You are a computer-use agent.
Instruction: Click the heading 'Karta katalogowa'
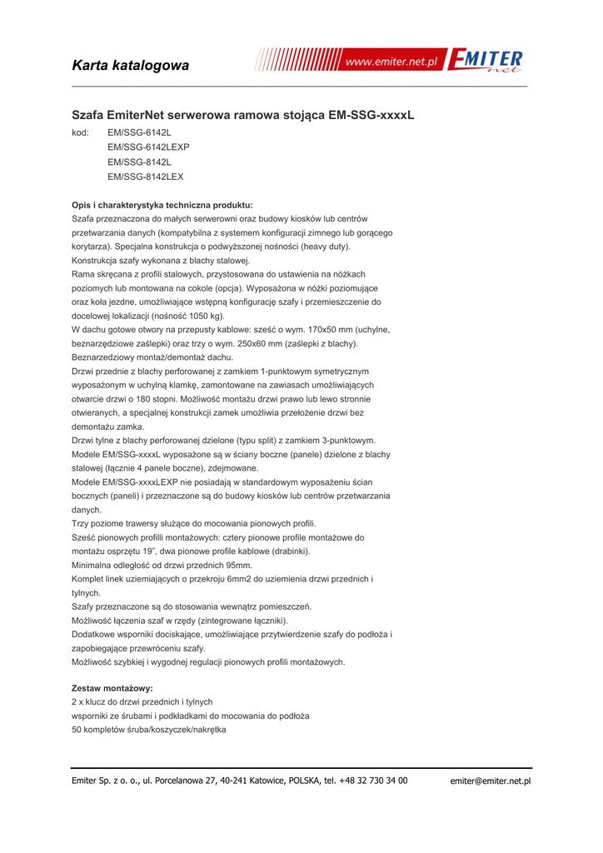click(x=131, y=65)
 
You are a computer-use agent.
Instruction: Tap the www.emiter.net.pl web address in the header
click(x=391, y=62)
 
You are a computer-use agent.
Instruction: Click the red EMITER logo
click(x=486, y=62)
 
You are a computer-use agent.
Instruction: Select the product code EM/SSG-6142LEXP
click(x=149, y=147)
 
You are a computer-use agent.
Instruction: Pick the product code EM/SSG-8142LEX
click(x=146, y=177)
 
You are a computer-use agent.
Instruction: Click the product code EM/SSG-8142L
click(x=139, y=162)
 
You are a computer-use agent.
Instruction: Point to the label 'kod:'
click(x=81, y=132)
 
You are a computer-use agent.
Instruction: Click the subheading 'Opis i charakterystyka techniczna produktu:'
click(x=162, y=205)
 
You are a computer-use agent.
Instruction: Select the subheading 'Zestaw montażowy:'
click(x=112, y=688)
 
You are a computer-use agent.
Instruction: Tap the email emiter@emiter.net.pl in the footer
click(x=490, y=781)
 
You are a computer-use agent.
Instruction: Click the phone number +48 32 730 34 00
click(x=373, y=781)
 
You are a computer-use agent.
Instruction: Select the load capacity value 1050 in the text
click(x=200, y=316)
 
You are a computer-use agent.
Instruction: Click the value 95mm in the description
click(x=234, y=566)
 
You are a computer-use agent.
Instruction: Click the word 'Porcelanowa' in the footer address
click(x=181, y=781)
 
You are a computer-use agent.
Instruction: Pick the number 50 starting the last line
click(x=77, y=730)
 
